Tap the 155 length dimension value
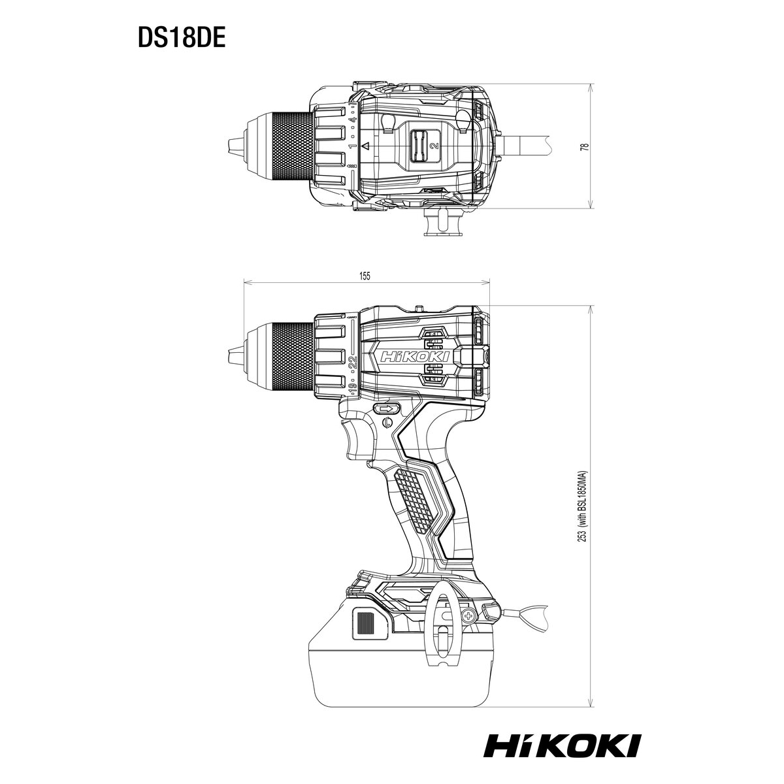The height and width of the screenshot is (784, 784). pos(365,276)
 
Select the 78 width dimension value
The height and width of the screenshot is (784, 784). pos(584,146)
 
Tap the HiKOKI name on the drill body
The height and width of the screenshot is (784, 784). pos(414,357)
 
